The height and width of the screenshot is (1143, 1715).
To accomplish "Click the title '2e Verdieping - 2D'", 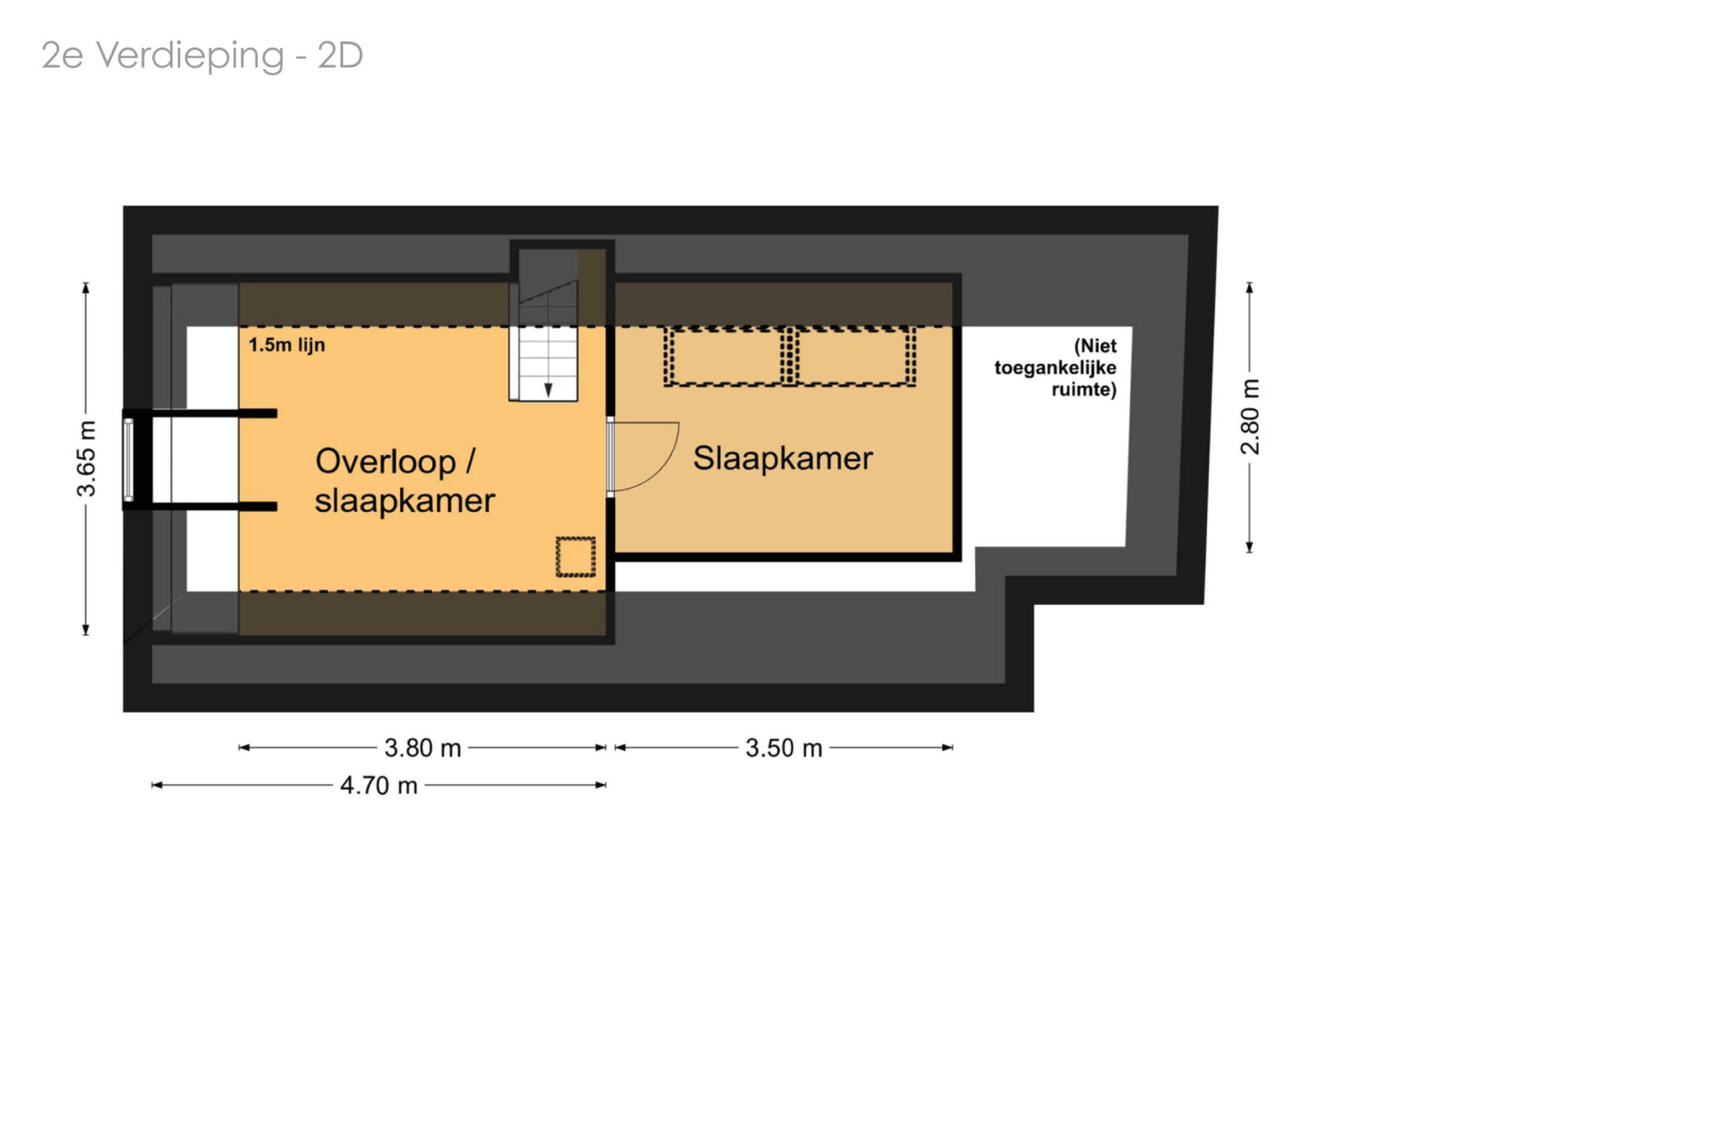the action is tap(202, 56).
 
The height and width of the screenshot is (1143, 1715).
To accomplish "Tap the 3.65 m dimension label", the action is tap(86, 459).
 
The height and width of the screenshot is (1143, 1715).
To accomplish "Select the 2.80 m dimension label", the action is tap(1249, 417).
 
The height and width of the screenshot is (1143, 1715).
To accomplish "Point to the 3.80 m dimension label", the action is tap(423, 748).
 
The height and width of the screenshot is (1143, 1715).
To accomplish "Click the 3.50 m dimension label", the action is tap(784, 748).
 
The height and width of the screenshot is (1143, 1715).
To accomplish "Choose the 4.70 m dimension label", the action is tap(379, 786).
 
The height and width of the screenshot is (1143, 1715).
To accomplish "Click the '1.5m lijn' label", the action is tap(287, 345).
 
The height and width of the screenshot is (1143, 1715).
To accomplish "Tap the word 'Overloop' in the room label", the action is tap(386, 462).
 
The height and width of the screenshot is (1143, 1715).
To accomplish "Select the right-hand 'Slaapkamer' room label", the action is tap(782, 458).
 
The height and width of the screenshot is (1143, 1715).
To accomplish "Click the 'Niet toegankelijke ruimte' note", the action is tap(1055, 367).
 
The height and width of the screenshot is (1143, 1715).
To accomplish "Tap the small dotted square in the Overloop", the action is tap(575, 557).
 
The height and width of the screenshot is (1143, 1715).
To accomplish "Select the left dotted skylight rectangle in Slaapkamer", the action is tap(727, 356).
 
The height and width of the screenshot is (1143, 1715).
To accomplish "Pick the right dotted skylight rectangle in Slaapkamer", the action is tap(853, 356).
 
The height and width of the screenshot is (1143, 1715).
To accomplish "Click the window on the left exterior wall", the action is tap(128, 459).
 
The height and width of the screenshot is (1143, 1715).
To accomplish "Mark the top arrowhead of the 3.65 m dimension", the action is tap(86, 288).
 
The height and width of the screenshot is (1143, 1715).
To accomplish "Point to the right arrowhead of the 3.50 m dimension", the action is tap(947, 748).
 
